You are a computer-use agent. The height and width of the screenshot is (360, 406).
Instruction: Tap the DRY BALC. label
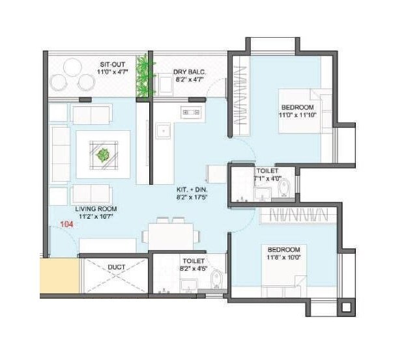click(x=189, y=72)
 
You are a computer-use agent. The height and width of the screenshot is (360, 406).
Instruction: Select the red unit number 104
click(x=66, y=225)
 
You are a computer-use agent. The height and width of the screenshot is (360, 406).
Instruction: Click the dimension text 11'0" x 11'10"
click(x=297, y=115)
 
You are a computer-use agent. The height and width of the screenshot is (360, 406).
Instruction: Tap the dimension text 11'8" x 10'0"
click(x=283, y=258)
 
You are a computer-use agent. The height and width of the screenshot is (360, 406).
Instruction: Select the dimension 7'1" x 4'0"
click(x=268, y=178)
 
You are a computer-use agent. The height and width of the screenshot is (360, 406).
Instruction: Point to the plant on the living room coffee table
click(x=102, y=155)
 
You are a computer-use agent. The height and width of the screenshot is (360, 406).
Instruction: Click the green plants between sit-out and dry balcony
click(x=144, y=77)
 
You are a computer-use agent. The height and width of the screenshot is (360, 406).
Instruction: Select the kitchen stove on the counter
click(x=191, y=112)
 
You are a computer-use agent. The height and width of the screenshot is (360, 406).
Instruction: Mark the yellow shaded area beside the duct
click(x=52, y=275)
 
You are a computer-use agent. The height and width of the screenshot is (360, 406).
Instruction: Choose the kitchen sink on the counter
click(x=162, y=130)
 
